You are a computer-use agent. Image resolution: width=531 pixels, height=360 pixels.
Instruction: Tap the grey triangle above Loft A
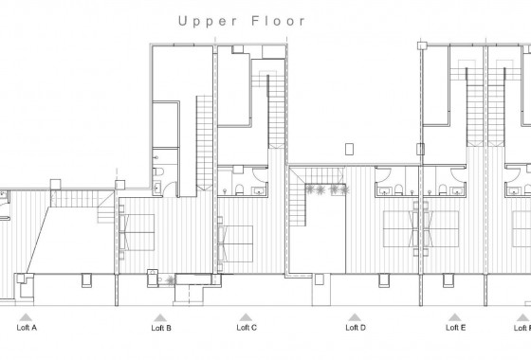pos(27,316)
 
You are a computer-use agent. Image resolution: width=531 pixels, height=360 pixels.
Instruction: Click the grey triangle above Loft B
pos(161,316)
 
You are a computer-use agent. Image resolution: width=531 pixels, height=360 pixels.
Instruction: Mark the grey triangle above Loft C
pos(247,316)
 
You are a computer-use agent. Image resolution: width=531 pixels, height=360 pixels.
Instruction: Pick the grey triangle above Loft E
pos(455,316)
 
